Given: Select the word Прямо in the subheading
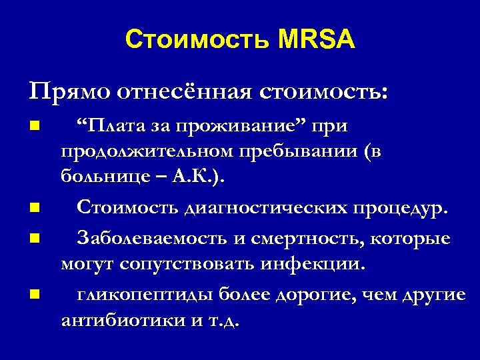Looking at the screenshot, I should (x=63, y=91).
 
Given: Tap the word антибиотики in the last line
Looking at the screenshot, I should (x=122, y=321).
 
